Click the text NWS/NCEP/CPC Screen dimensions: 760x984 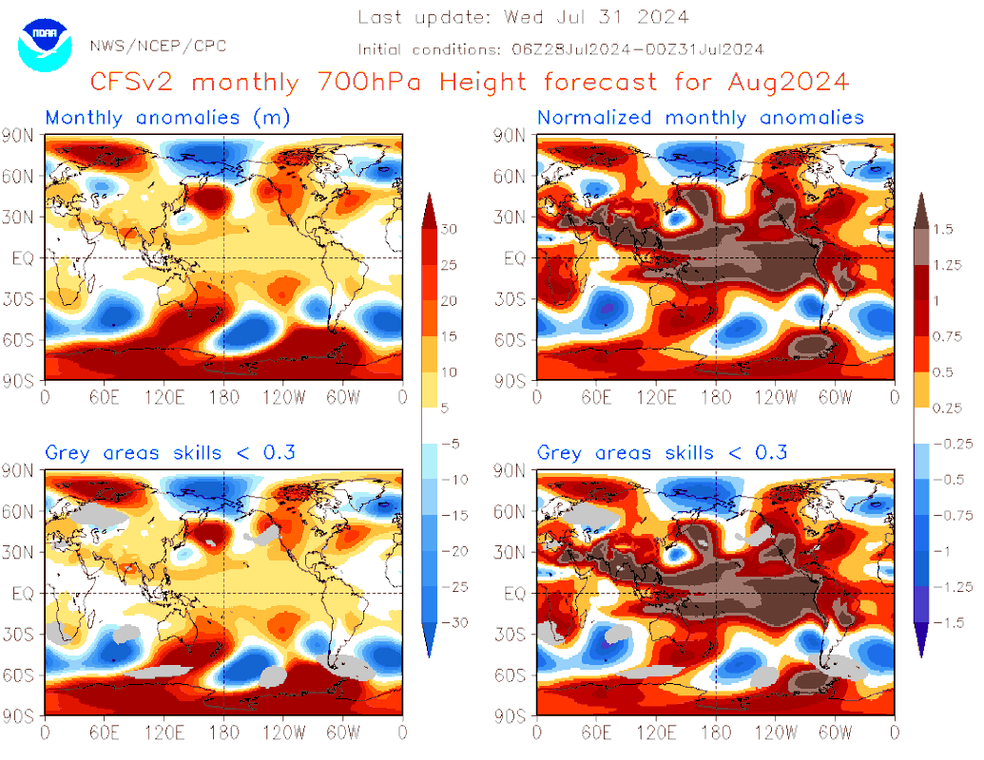[x=158, y=46]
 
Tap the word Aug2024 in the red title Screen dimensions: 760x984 [x=788, y=82]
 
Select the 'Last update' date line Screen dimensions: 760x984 [x=524, y=17]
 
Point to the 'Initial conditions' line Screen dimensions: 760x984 [x=561, y=49]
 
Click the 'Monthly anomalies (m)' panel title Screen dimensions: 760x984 [x=167, y=118]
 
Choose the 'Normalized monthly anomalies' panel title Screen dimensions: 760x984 [x=701, y=118]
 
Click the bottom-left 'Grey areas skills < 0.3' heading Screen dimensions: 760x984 [x=170, y=452]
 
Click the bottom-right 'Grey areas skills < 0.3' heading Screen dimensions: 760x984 [x=662, y=452]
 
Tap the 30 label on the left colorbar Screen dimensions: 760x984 [x=450, y=229]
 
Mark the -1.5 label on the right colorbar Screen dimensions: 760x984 [x=946, y=622]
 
